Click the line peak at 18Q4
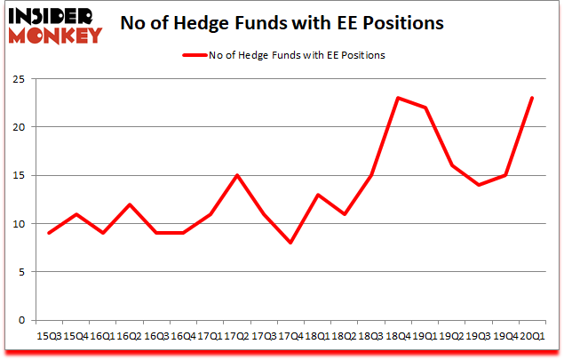400,98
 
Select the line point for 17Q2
236,175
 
